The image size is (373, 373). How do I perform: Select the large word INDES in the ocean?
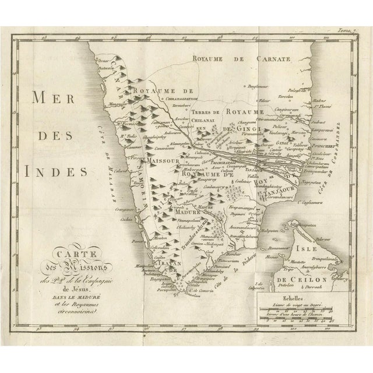56,172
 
